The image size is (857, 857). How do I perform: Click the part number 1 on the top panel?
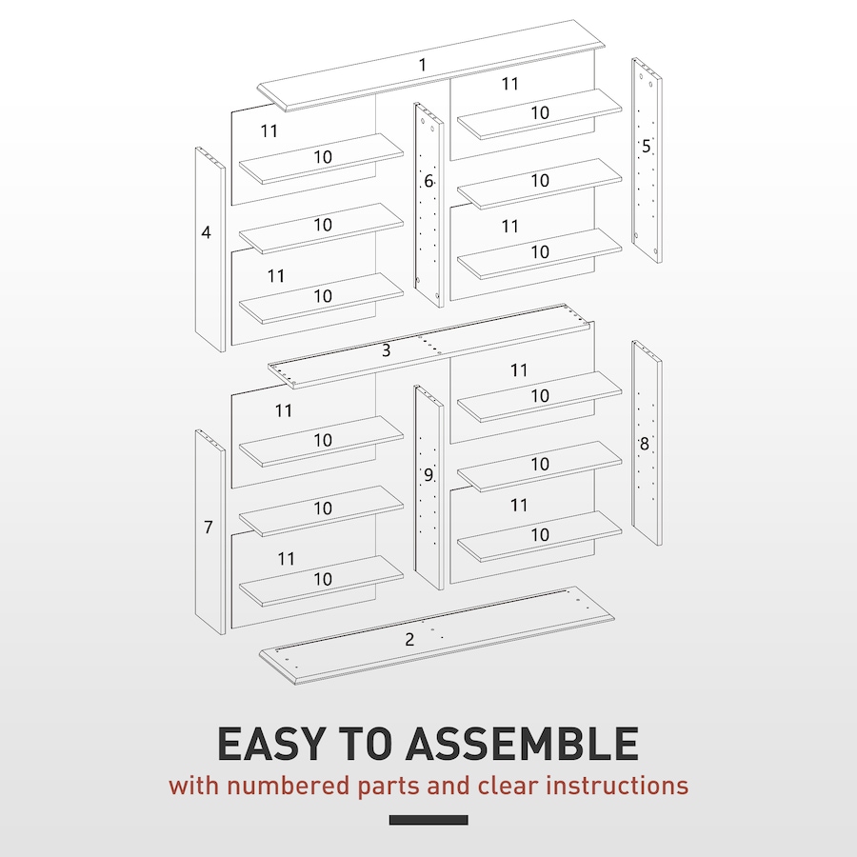423,65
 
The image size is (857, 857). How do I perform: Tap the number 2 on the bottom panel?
409,639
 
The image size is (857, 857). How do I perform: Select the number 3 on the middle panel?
386,350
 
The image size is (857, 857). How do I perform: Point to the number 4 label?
206,232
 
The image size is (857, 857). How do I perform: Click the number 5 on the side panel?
646,146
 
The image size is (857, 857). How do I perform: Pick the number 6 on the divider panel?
428,181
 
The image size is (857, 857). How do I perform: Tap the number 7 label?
209,527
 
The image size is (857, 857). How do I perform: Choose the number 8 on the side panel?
645,444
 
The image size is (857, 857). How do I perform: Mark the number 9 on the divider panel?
428,475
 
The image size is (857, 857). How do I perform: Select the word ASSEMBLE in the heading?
522,744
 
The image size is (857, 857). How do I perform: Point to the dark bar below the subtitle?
428,820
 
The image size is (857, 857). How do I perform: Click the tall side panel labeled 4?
210,249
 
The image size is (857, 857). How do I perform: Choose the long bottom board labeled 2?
437,636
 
